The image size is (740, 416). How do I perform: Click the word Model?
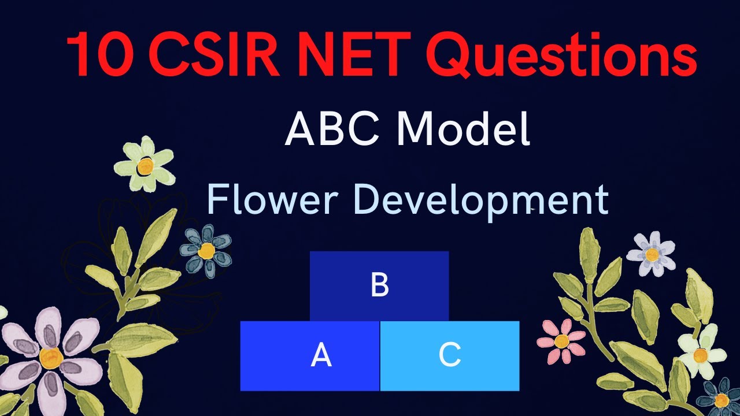(466, 129)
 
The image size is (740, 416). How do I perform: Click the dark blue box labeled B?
(379, 285)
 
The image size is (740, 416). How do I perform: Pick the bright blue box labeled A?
(310, 356)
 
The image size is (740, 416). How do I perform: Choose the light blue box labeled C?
(450, 356)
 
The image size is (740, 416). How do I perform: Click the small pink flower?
(561, 341)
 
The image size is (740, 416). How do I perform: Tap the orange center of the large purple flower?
(51, 358)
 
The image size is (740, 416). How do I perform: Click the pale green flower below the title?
(145, 165)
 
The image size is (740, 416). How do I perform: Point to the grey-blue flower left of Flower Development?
(206, 251)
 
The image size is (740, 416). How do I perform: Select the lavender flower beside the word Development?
(651, 254)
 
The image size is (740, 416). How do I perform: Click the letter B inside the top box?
(379, 285)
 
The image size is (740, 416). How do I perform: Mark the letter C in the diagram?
(450, 356)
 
